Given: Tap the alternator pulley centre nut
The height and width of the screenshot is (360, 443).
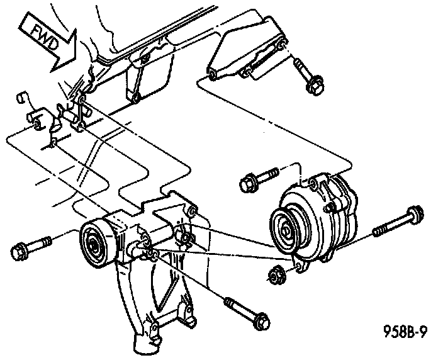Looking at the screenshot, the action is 285,232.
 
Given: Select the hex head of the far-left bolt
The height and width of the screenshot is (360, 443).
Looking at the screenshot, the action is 19,250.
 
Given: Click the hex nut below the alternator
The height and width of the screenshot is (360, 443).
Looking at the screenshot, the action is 275,274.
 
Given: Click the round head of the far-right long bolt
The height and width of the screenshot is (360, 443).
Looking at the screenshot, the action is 415,215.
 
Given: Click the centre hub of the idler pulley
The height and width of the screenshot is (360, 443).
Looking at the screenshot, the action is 92,244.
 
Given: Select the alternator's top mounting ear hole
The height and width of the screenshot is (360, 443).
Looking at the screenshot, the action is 313,183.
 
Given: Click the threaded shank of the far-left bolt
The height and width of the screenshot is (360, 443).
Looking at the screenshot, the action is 39,244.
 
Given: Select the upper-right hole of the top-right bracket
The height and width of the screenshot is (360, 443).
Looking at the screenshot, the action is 281,45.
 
